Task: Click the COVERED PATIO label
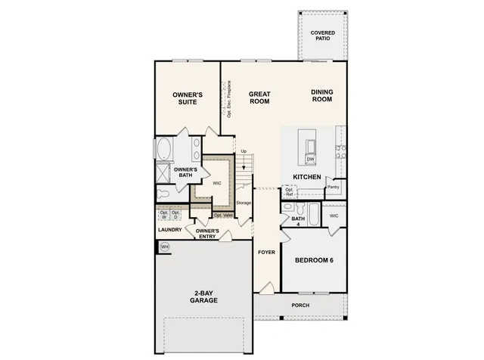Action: click(x=323, y=37)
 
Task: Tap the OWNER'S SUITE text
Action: click(x=187, y=98)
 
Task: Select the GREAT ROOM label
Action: click(x=259, y=98)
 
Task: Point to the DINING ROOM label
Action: click(x=322, y=96)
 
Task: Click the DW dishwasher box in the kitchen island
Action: click(x=311, y=160)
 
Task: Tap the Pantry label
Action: click(x=334, y=187)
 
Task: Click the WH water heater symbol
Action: click(x=164, y=246)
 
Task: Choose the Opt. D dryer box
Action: click(x=176, y=215)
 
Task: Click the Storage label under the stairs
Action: click(x=243, y=203)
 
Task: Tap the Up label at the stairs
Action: click(x=244, y=151)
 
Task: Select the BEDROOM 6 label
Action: click(x=314, y=260)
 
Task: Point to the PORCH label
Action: click(x=300, y=306)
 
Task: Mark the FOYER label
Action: click(x=266, y=252)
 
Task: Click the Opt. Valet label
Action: click(x=223, y=216)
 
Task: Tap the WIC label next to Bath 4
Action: click(x=334, y=216)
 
